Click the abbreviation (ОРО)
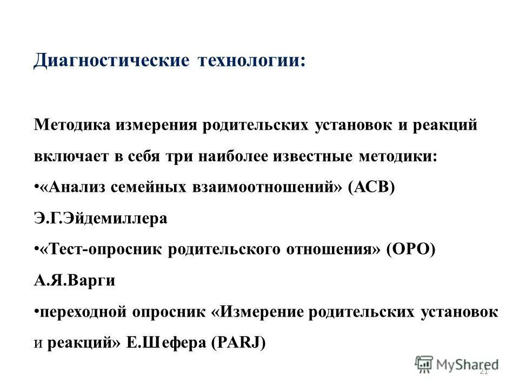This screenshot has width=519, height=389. click(x=411, y=250)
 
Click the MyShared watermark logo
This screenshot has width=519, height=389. click(x=457, y=364)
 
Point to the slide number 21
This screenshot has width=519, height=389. click(x=484, y=371)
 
